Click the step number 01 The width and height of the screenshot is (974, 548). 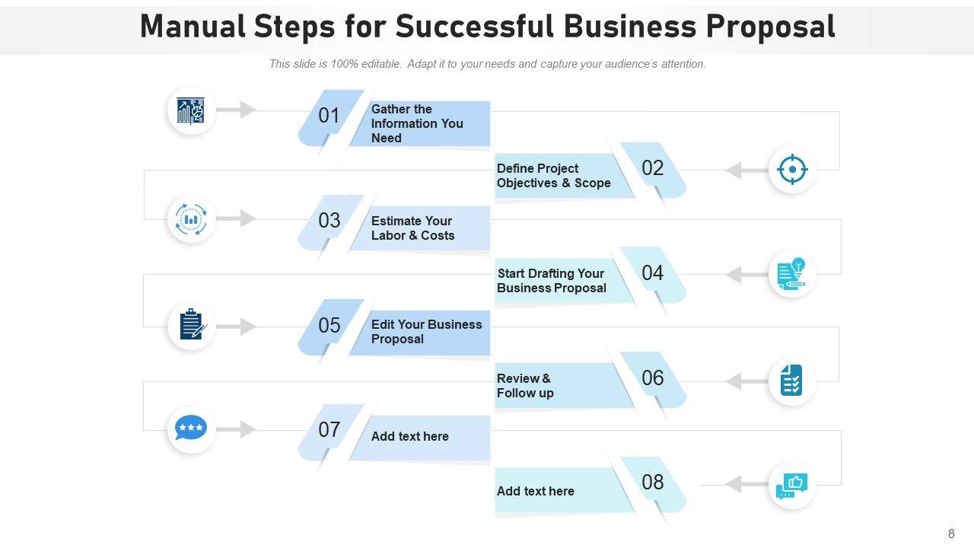[329, 116]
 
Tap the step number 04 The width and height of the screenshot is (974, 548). [653, 273]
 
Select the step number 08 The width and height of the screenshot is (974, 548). [653, 482]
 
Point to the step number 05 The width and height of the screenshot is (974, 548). [329, 326]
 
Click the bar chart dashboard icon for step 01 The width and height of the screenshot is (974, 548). [191, 111]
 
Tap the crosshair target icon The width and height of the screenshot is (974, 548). [792, 169]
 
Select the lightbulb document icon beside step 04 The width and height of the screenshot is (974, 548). [792, 274]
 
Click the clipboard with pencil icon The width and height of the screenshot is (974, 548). [192, 326]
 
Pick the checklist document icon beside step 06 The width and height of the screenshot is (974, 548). [791, 380]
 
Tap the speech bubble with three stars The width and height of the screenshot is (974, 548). [191, 429]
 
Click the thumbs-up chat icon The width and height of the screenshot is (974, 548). [791, 485]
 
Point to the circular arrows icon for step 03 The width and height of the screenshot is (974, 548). [191, 219]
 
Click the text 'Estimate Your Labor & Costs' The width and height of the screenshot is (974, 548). [412, 228]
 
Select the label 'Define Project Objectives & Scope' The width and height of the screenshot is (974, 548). [553, 176]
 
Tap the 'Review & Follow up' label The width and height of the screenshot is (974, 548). [525, 386]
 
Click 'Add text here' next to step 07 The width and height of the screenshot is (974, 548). [409, 436]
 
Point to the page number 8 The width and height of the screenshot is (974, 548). [951, 534]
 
